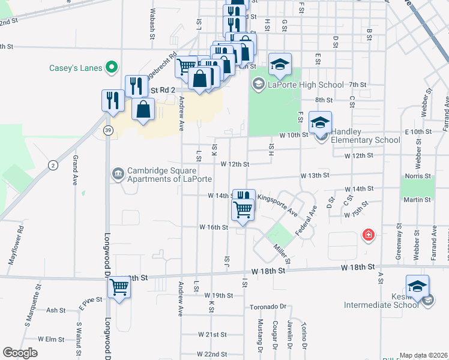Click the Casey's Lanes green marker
point(111,68)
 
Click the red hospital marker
point(367,235)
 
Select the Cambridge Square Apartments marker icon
point(117,175)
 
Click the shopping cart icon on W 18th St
point(119,290)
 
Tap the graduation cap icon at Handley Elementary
point(320,122)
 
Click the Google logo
point(20,353)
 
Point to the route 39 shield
point(106,131)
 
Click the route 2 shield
point(53,166)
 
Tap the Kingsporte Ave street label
point(277,204)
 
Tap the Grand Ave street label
point(75,170)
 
